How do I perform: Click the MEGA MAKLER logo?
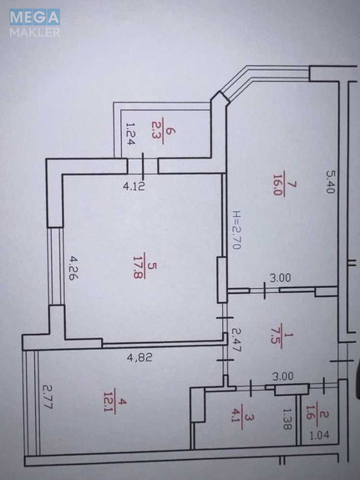pyautogui.click(x=34, y=23)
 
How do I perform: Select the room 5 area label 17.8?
pyautogui.click(x=139, y=265)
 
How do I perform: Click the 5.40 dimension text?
pyautogui.click(x=330, y=182)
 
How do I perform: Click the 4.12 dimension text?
pyautogui.click(x=134, y=186)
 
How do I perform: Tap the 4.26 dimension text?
pyautogui.click(x=74, y=268)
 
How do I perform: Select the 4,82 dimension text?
pyautogui.click(x=139, y=357)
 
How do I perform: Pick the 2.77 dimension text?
pyautogui.click(x=48, y=397)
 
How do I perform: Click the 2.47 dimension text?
pyautogui.click(x=237, y=340)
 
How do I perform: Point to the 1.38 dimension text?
pyautogui.click(x=286, y=418)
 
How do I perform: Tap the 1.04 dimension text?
pyautogui.click(x=319, y=435)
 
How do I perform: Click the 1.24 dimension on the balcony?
pyautogui.click(x=130, y=134)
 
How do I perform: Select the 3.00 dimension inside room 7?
pyautogui.click(x=280, y=278)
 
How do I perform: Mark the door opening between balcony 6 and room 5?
pyautogui.click(x=143, y=166)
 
